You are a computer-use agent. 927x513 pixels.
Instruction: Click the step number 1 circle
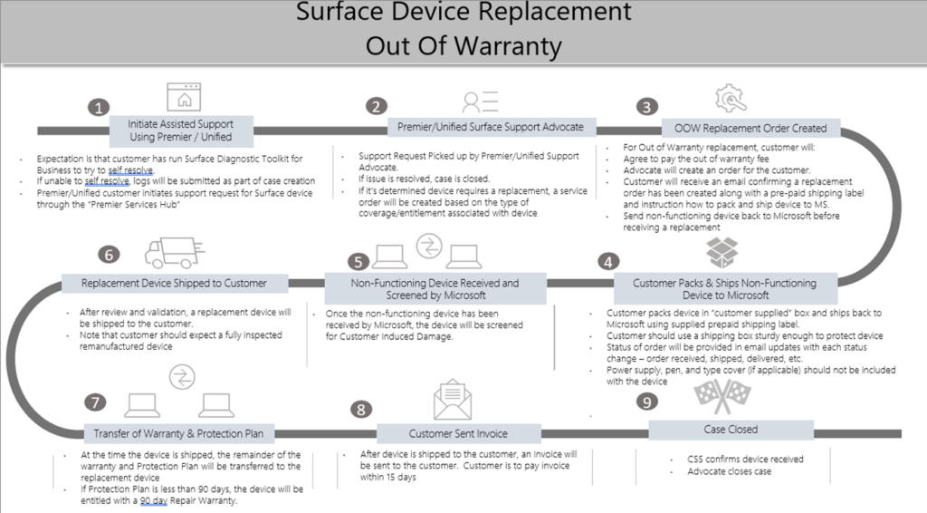[99, 108]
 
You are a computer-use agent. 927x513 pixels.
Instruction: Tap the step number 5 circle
[359, 262]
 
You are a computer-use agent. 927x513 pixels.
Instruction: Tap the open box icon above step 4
[723, 253]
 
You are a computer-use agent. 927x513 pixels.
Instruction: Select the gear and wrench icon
[731, 97]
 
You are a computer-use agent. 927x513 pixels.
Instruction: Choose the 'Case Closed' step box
[731, 430]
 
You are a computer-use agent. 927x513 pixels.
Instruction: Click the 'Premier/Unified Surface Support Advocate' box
[491, 126]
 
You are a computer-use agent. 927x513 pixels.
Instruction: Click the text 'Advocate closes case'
[731, 472]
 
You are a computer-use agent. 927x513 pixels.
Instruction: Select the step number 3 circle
[645, 107]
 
